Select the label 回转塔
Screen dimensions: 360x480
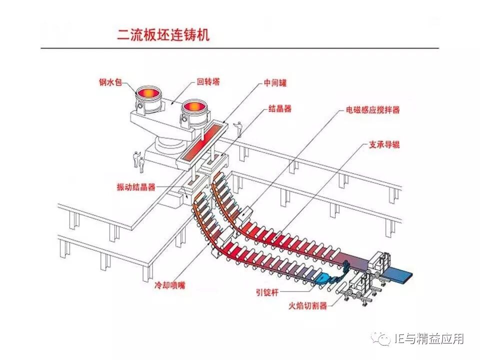point(208,82)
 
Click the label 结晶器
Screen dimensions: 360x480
point(280,108)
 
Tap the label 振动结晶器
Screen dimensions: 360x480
point(136,187)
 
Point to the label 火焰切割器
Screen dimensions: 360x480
point(308,305)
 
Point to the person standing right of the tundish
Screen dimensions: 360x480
point(239,129)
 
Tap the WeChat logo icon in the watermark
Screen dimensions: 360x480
point(384,339)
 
